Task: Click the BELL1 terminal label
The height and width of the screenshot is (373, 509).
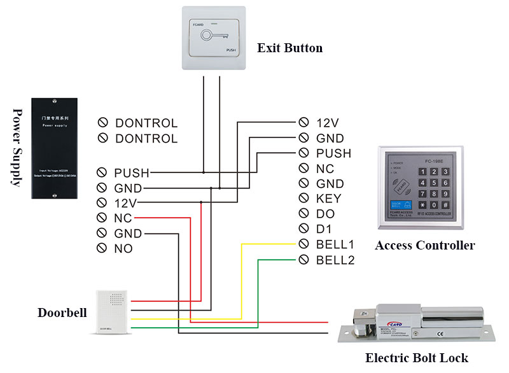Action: [335, 244]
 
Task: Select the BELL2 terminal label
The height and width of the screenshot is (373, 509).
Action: [335, 260]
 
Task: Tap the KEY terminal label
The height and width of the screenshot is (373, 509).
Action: [328, 199]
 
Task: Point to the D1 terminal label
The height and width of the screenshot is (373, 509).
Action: [324, 229]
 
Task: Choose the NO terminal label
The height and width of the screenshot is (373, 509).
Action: [123, 249]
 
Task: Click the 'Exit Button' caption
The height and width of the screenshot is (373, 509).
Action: [289, 48]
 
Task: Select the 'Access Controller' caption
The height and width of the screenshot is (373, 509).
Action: [424, 246]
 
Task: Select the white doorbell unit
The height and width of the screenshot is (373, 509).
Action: [112, 312]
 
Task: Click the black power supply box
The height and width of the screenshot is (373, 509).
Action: [55, 148]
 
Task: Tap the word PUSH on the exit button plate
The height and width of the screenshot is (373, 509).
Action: [232, 50]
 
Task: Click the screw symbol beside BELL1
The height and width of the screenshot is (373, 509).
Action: [303, 244]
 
